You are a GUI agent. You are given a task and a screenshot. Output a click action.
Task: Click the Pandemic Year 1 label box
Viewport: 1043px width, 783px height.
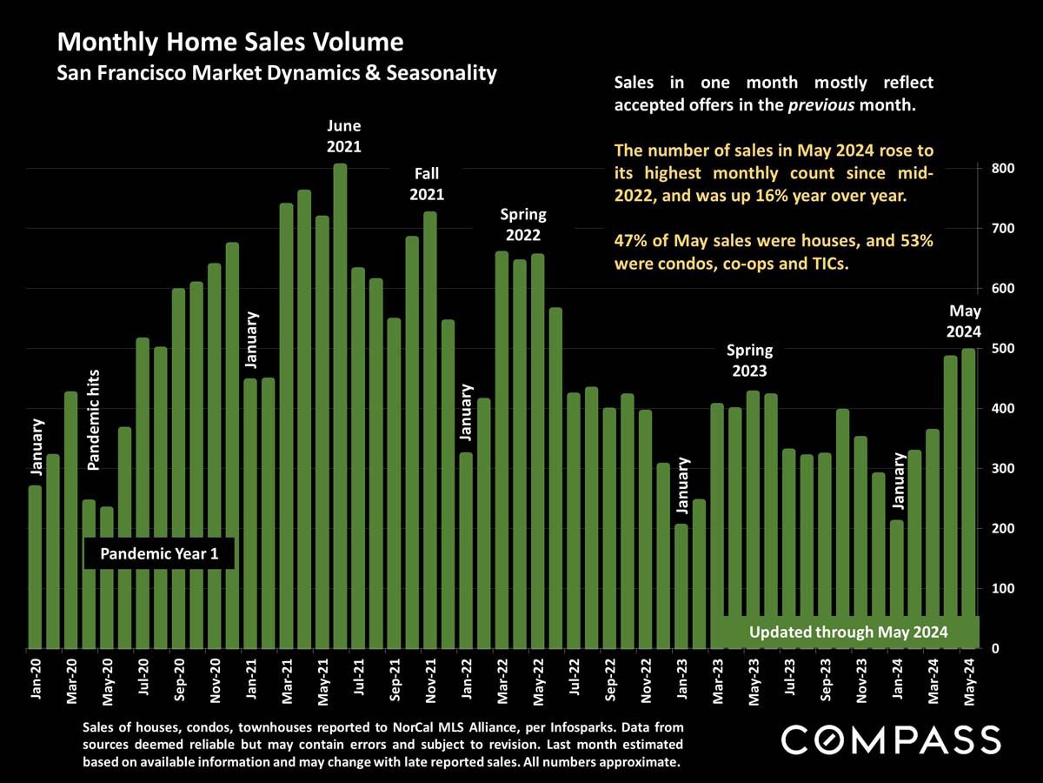pos(159,553)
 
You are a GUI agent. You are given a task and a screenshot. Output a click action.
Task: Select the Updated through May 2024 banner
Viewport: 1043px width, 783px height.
pos(847,632)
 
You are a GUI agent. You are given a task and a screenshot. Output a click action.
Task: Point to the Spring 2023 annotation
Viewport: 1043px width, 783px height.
pos(749,360)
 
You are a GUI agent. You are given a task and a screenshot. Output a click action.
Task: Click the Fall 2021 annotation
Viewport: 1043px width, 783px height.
pos(427,184)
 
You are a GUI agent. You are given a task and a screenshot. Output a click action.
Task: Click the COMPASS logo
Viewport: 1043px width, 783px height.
pos(891,739)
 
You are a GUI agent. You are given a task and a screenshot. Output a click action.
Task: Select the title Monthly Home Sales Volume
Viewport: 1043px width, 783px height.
pos(230,42)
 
